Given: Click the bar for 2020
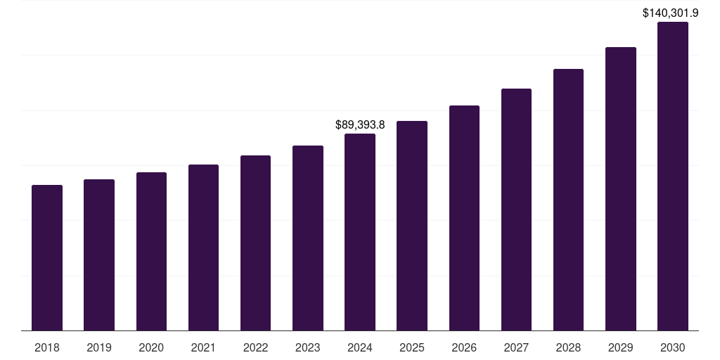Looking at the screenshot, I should [x=151, y=251].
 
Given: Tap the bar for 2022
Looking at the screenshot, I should [x=255, y=243].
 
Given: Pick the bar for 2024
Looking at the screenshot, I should [x=360, y=232].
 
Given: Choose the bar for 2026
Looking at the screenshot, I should [x=464, y=218].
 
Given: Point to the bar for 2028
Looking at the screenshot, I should [x=568, y=200].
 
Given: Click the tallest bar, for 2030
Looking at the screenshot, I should [x=673, y=176].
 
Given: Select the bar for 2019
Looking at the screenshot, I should [x=99, y=255].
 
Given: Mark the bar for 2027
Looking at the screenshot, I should [x=516, y=210].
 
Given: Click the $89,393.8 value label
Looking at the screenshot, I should [x=360, y=125].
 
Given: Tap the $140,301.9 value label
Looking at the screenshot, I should [x=671, y=13].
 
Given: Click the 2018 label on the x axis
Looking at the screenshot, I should [x=47, y=347].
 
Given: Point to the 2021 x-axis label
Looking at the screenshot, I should [x=203, y=347].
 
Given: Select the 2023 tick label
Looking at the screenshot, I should [x=308, y=347].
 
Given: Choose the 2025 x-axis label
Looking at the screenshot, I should [x=412, y=347].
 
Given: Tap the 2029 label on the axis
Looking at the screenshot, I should [x=621, y=347].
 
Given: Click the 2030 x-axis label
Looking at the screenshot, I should [x=673, y=347].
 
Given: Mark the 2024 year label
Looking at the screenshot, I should [x=360, y=347].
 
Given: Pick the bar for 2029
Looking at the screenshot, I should [x=621, y=188].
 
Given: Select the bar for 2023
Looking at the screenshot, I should [x=308, y=238].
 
